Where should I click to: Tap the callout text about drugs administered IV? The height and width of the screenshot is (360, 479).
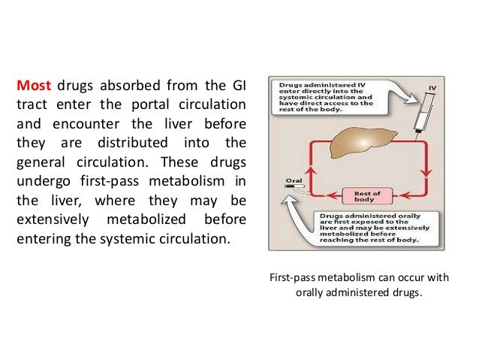pos(329,95)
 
